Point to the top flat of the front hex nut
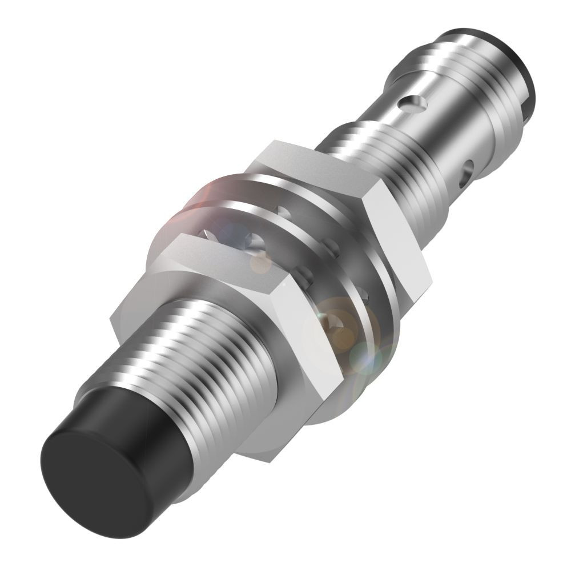228,257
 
